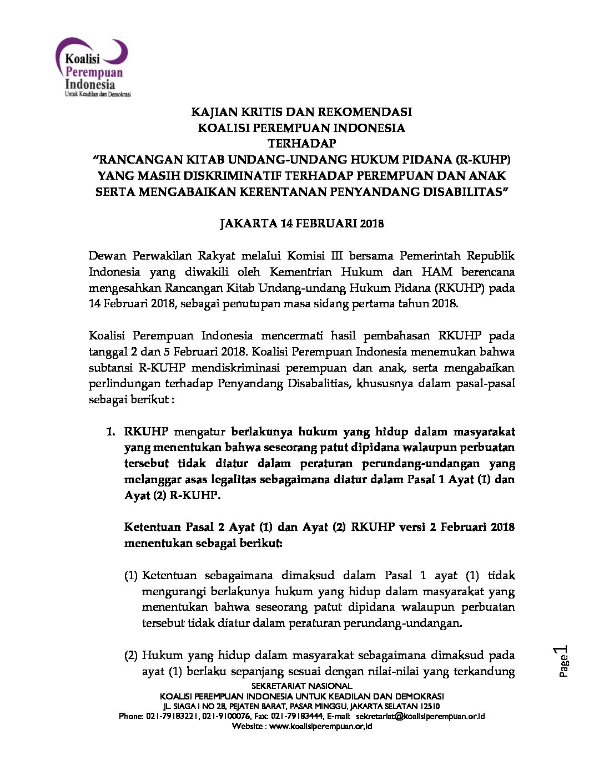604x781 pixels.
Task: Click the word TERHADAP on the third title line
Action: pyautogui.click(x=301, y=144)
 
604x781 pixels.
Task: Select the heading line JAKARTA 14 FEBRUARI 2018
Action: pyautogui.click(x=301, y=224)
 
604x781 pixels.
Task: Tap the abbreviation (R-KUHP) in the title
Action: pyautogui.click(x=482, y=160)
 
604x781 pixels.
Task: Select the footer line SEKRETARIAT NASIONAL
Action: pyautogui.click(x=301, y=686)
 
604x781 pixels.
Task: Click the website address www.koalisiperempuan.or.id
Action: pyautogui.click(x=320, y=726)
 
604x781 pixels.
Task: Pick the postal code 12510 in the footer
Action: pyautogui.click(x=430, y=706)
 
